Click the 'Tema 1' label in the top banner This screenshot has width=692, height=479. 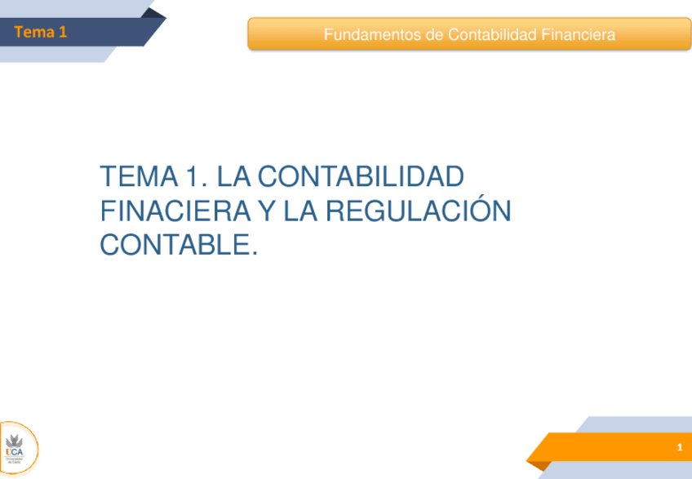(x=40, y=33)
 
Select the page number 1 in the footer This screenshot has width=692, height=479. (x=679, y=449)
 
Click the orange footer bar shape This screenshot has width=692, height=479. (x=604, y=448)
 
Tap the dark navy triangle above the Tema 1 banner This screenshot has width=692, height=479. (x=152, y=13)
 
